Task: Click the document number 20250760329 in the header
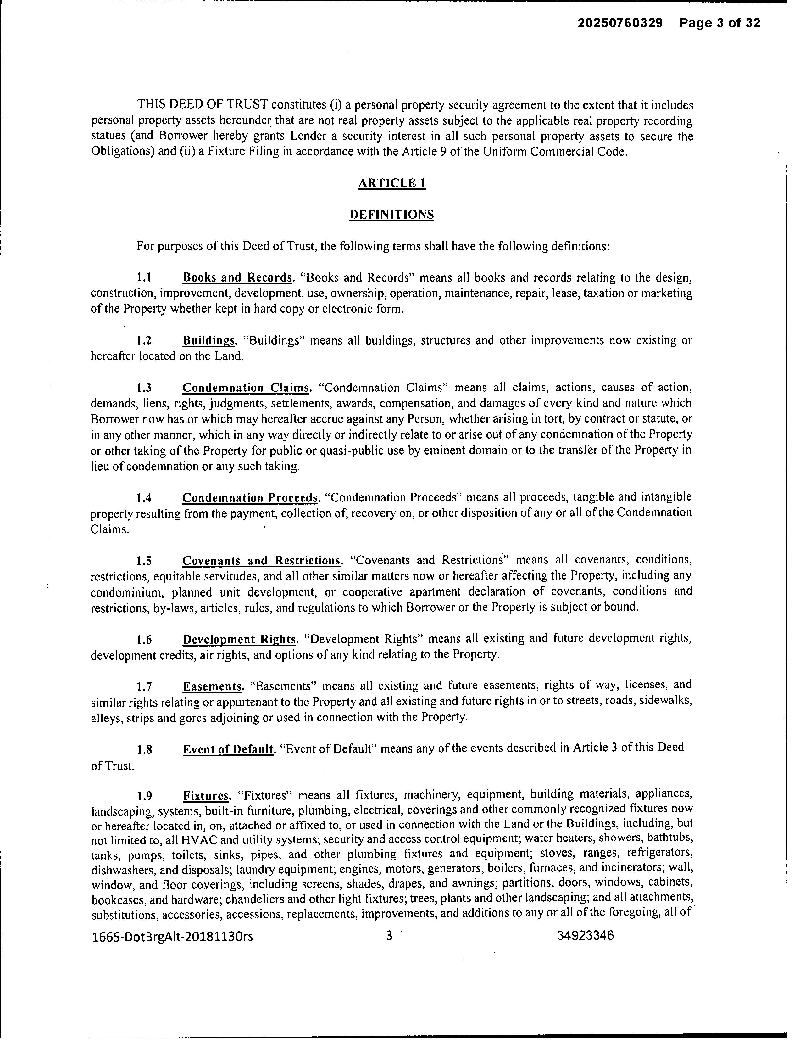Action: coord(620,23)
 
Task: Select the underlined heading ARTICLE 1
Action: coord(391,183)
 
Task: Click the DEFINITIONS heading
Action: coord(391,215)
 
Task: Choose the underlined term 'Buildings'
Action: coord(209,341)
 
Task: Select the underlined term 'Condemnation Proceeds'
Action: coord(250,498)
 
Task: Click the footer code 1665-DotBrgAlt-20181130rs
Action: coord(172,937)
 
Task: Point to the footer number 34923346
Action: coord(585,936)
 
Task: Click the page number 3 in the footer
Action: coord(389,936)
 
